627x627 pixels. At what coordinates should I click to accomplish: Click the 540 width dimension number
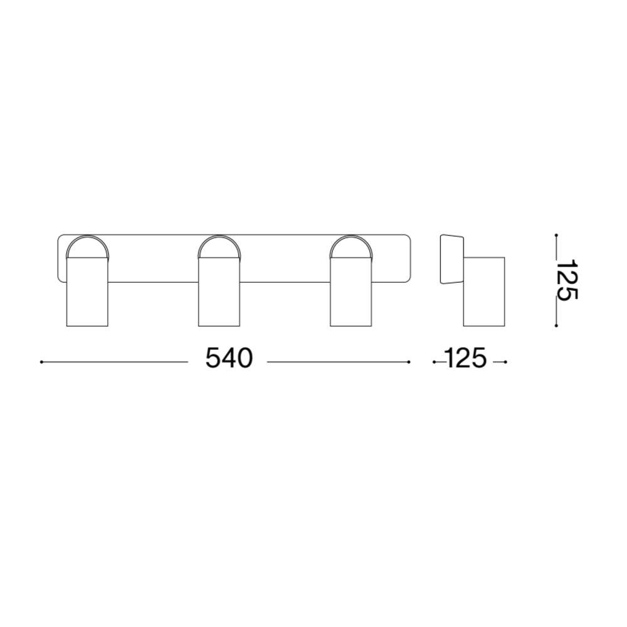tap(229, 358)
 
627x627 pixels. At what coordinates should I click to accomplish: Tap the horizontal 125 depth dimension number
tap(465, 358)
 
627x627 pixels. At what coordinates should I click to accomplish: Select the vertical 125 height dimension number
tap(567, 280)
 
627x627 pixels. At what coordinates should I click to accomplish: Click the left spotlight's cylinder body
tap(87, 292)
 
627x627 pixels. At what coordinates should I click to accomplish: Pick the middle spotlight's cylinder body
tap(219, 292)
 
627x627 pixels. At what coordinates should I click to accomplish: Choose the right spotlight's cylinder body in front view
tap(351, 292)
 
